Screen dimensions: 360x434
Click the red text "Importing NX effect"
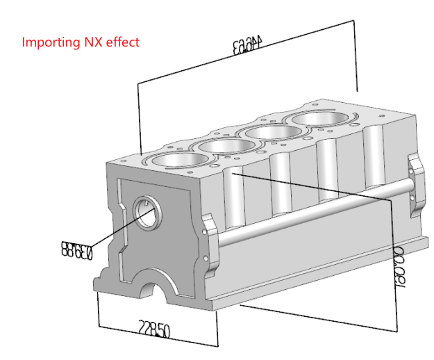(x=81, y=42)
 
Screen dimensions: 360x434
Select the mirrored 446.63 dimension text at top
(x=250, y=48)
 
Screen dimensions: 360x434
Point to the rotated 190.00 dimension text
(x=401, y=261)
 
